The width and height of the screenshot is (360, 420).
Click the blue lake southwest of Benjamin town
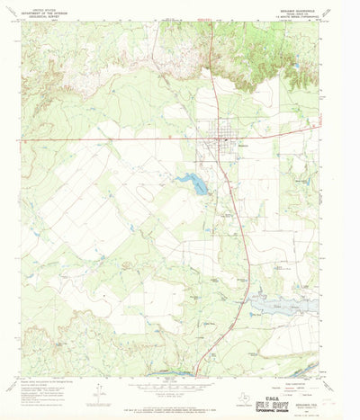[193, 183]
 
